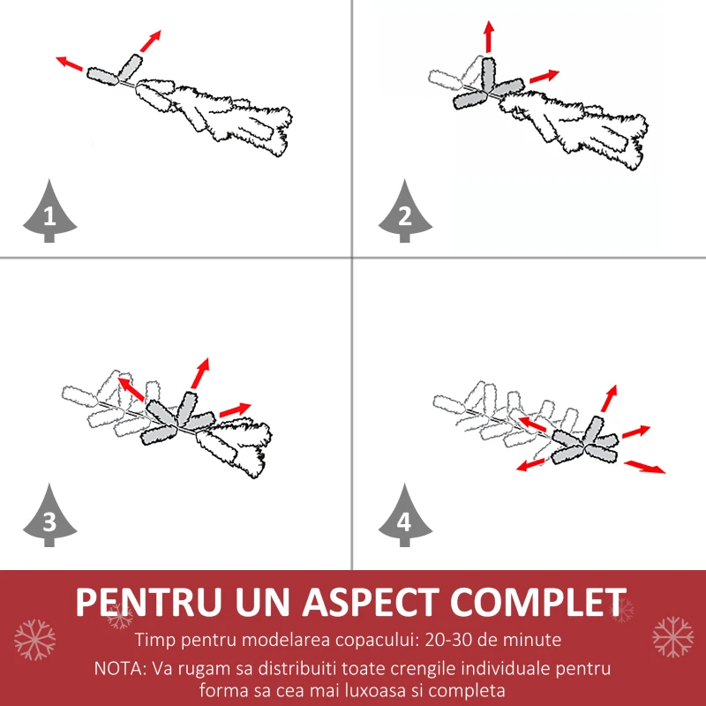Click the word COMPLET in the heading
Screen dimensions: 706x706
pos(538,602)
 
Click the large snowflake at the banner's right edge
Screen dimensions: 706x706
pos(673,637)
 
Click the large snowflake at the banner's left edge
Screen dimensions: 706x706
pos(34,640)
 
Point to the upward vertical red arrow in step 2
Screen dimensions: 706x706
pos(489,37)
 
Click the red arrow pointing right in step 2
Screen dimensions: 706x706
pos(545,77)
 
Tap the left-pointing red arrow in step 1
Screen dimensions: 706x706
pos(70,64)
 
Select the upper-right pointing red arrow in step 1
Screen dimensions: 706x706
pos(150,41)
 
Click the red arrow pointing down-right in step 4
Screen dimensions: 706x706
pos(645,467)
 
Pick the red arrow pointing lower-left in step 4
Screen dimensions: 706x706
pos(531,465)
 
